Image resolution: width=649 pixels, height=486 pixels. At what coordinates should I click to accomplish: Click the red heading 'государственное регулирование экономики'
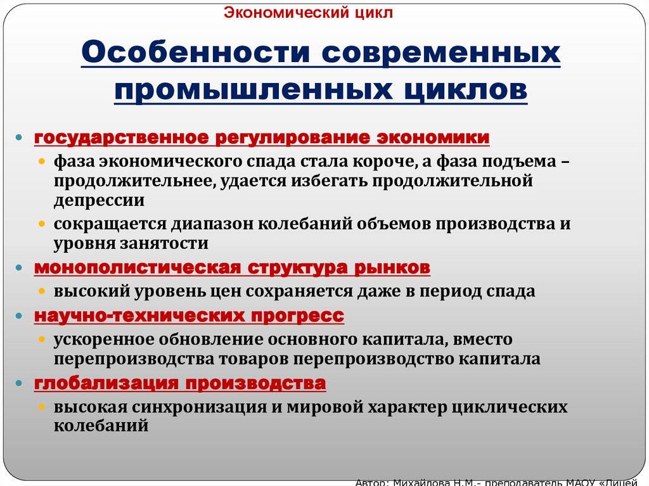pyautogui.click(x=262, y=138)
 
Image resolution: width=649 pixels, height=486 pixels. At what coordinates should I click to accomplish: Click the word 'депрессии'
pyautogui.click(x=99, y=201)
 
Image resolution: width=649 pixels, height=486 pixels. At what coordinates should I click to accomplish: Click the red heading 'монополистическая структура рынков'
pyautogui.click(x=232, y=268)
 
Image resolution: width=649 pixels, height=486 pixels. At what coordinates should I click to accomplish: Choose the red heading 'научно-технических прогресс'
pyautogui.click(x=189, y=316)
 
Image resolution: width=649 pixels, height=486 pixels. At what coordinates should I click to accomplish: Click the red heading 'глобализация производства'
pyautogui.click(x=180, y=383)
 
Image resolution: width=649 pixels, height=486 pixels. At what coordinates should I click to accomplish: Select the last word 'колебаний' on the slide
pyautogui.click(x=101, y=426)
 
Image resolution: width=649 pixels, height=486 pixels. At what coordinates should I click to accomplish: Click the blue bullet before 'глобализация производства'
pyautogui.click(x=21, y=384)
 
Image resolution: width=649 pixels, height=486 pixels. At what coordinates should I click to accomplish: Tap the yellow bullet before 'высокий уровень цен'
pyautogui.click(x=42, y=291)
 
